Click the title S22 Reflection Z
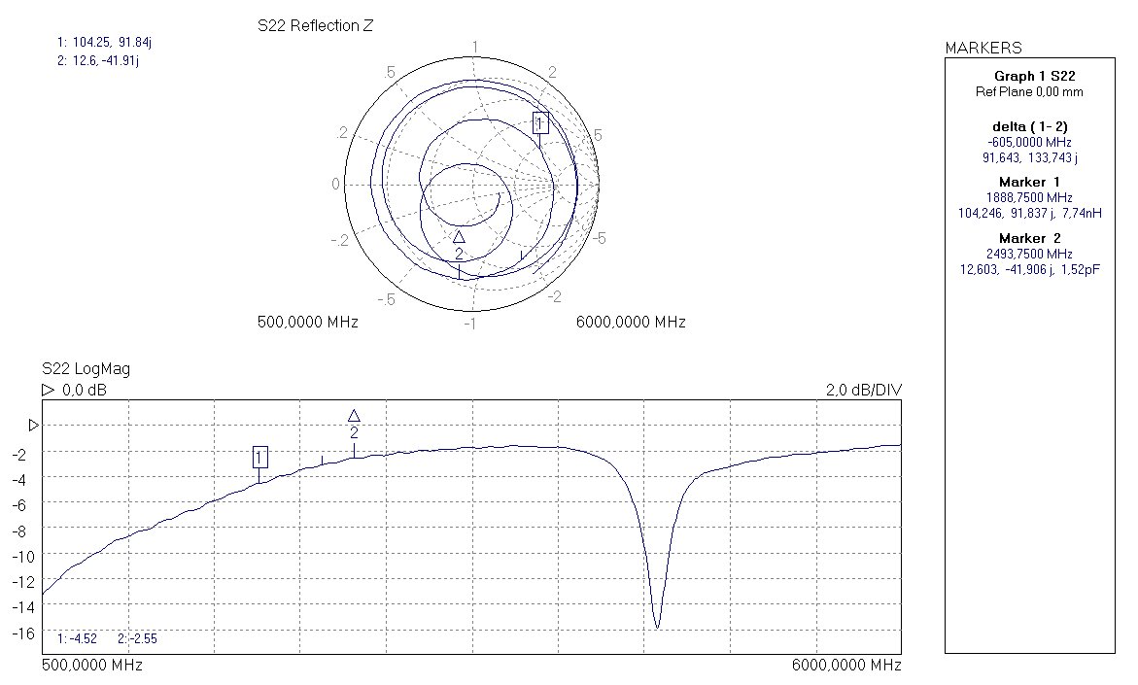point(316,26)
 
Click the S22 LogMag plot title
point(86,368)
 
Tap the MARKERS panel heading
point(983,48)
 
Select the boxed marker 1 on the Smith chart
point(540,122)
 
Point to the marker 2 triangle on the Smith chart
point(459,237)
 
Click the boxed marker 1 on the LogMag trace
point(259,457)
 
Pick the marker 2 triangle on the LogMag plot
point(354,416)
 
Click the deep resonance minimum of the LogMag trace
point(658,627)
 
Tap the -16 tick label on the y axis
point(24,634)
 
